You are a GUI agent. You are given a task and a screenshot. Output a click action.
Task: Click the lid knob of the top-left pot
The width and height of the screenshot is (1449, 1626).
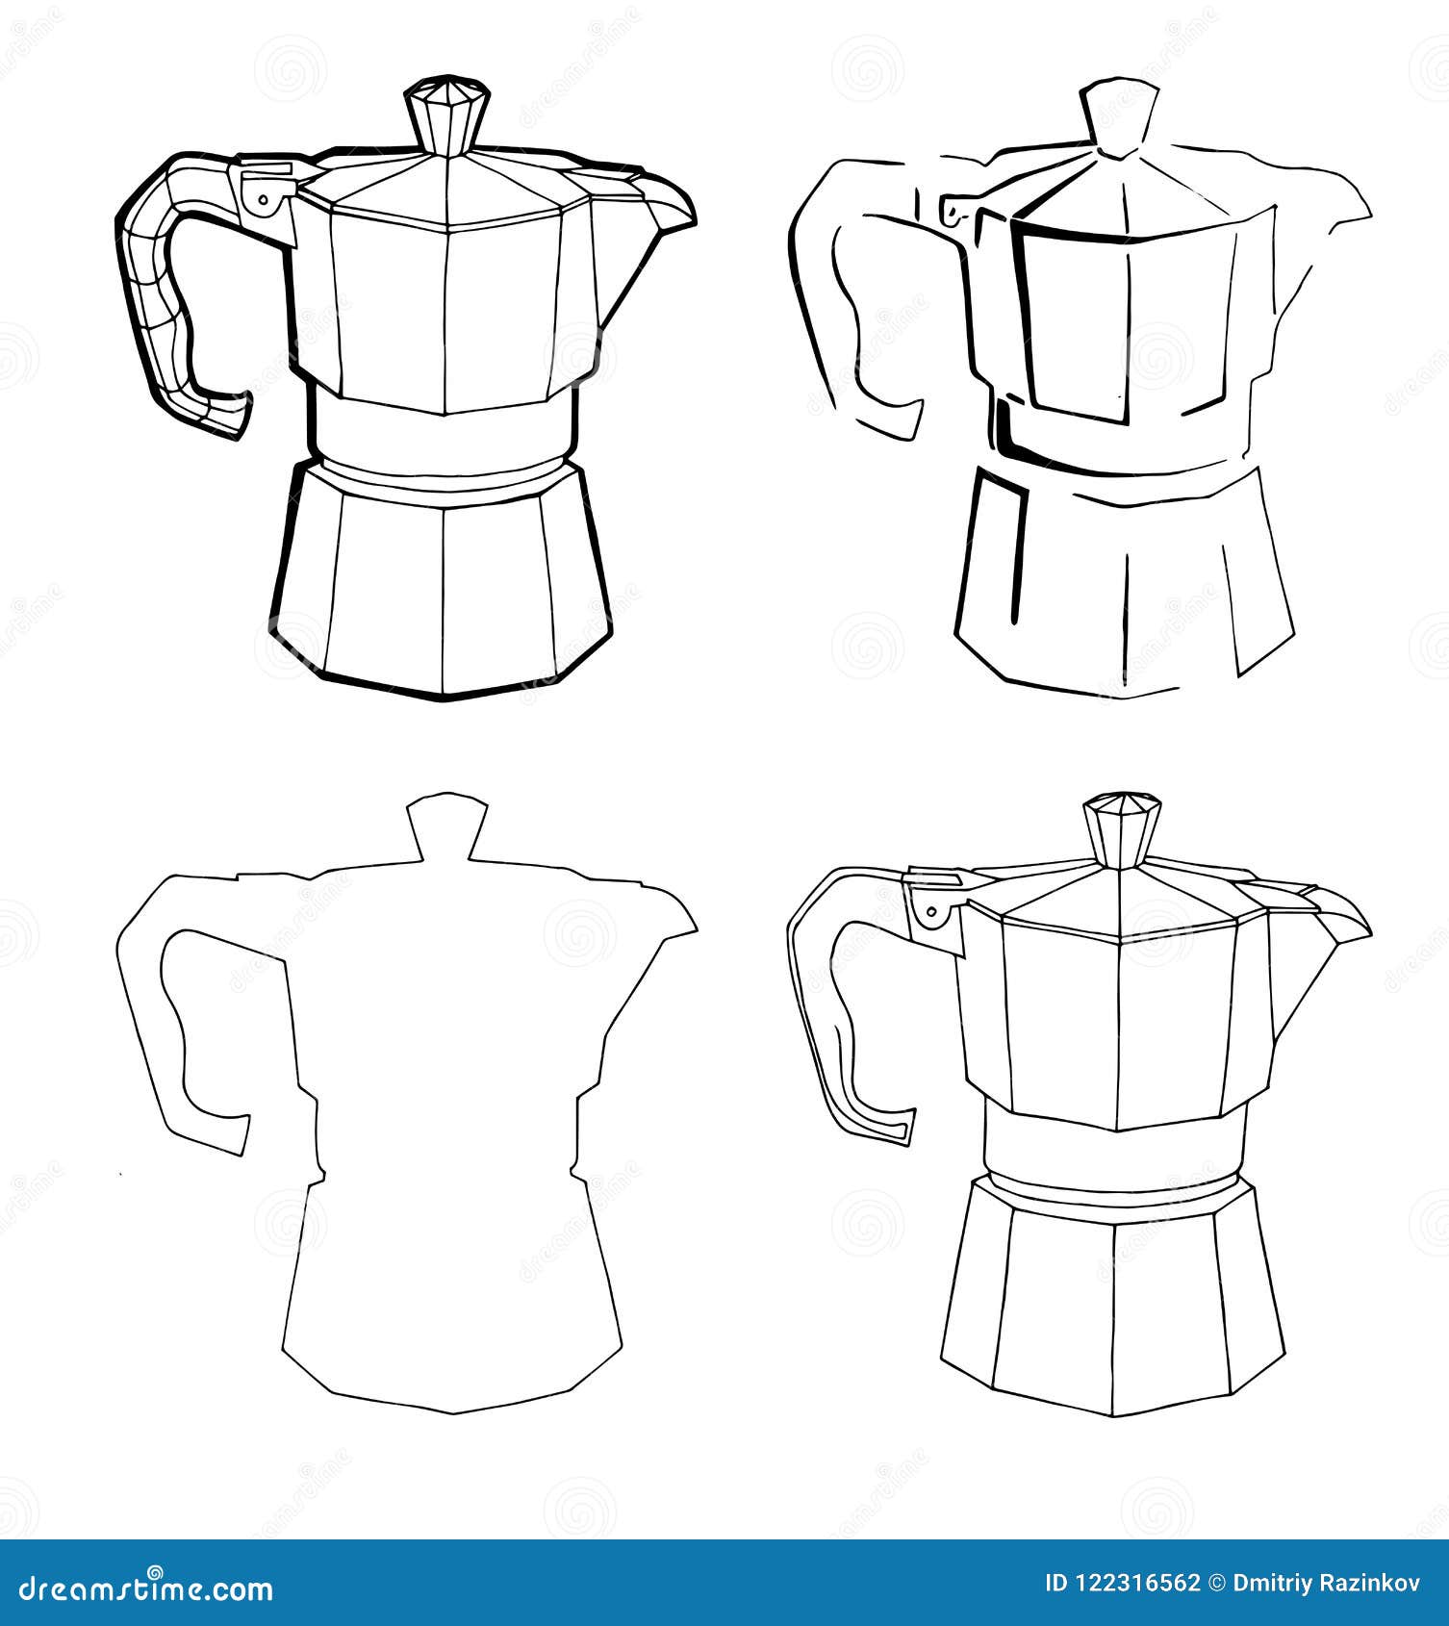click(446, 114)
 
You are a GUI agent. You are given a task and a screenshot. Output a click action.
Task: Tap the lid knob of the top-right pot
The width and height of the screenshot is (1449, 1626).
click(1117, 116)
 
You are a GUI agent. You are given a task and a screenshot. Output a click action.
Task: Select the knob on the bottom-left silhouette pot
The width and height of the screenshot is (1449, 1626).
click(445, 826)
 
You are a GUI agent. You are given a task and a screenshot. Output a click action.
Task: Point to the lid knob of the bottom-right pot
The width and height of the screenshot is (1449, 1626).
click(1122, 828)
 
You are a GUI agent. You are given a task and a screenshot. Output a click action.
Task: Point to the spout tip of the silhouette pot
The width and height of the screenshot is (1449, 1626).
click(693, 928)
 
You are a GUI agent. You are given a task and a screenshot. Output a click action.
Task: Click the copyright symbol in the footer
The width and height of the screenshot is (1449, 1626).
click(1217, 1584)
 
